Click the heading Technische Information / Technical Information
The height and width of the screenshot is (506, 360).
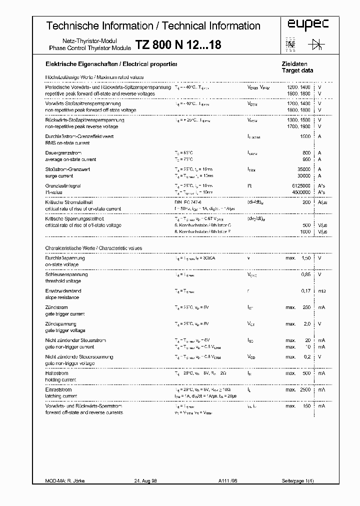153,26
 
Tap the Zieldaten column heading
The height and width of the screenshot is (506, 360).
295,64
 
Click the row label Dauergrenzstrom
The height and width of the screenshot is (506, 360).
63,153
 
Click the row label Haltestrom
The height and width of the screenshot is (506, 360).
57,373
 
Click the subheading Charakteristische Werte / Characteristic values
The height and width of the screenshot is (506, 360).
93,248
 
